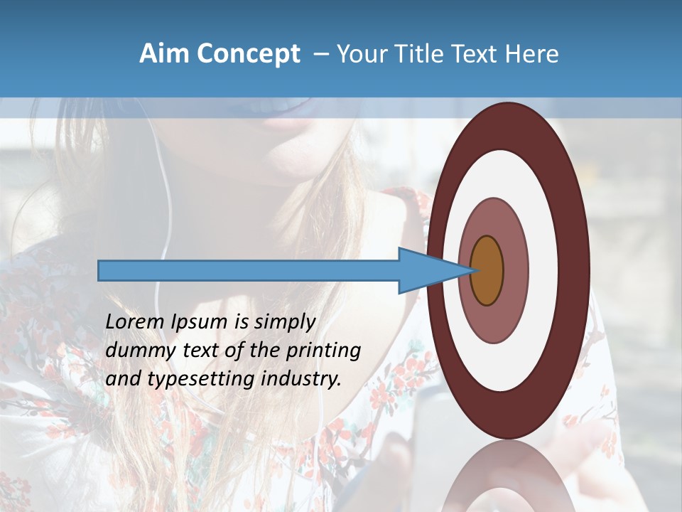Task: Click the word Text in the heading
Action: point(478,54)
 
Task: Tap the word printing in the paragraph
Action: point(323,351)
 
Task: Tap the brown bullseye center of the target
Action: point(487,271)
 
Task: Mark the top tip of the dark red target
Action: point(508,104)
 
